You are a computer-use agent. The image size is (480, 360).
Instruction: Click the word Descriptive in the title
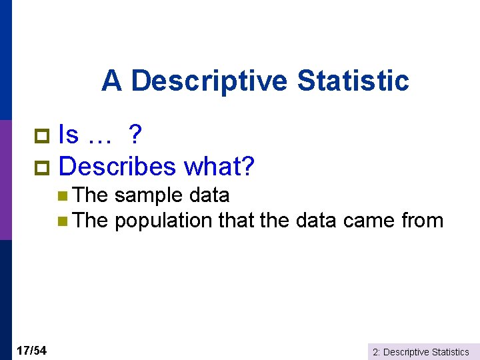210,81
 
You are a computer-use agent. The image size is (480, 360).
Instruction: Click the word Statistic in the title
353,81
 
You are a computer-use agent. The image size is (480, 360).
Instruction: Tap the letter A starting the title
111,81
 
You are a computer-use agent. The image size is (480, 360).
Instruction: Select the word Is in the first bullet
69,135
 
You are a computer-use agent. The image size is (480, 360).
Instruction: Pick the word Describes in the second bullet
122,166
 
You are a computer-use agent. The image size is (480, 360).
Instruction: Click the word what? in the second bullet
219,166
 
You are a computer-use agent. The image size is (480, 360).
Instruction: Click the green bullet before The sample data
62,196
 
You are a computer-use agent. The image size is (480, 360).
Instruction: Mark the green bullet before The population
62,221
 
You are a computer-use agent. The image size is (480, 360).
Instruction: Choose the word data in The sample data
209,195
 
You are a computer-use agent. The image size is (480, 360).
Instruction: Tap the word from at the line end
423,221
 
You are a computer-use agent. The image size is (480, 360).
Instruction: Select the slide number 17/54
31,351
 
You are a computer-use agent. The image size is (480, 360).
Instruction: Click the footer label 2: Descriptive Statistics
421,351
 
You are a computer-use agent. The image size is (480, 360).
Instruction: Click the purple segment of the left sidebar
5,180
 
